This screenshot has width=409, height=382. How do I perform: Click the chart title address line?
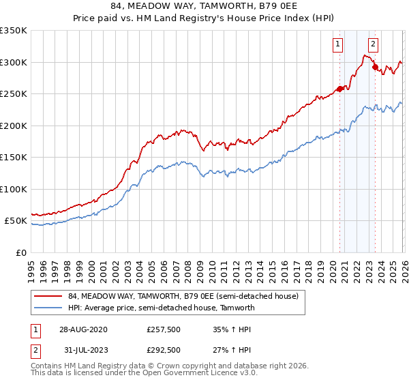[x=204, y=8]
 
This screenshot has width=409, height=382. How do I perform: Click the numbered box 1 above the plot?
[x=339, y=45]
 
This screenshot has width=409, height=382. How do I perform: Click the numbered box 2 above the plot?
[x=374, y=45]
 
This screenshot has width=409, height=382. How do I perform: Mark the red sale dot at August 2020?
[x=339, y=89]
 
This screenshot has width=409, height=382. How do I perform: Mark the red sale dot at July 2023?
[x=374, y=67]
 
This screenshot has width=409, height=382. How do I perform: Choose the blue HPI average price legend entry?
[x=161, y=308]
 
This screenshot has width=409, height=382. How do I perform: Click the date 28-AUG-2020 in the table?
[x=82, y=329]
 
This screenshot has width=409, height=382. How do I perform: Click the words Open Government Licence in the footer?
[x=204, y=373]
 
